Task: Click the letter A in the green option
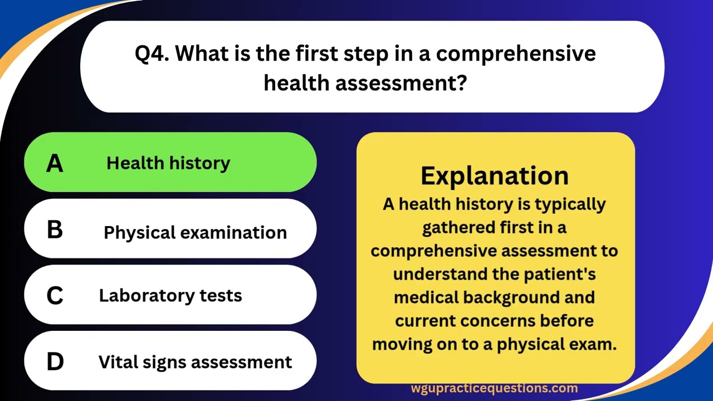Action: pyautogui.click(x=55, y=163)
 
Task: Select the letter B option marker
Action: pyautogui.click(x=55, y=229)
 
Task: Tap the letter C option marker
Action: pyautogui.click(x=55, y=296)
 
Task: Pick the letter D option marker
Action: pyautogui.click(x=55, y=362)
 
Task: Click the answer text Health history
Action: pyautogui.click(x=168, y=163)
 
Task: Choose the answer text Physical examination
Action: pyautogui.click(x=195, y=232)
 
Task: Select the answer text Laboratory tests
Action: pyautogui.click(x=170, y=295)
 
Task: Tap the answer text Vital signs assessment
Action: pyautogui.click(x=195, y=362)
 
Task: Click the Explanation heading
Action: pyautogui.click(x=495, y=175)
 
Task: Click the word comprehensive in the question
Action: pyautogui.click(x=516, y=54)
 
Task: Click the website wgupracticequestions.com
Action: pyautogui.click(x=495, y=388)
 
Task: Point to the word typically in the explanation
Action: pyautogui.click(x=570, y=204)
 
